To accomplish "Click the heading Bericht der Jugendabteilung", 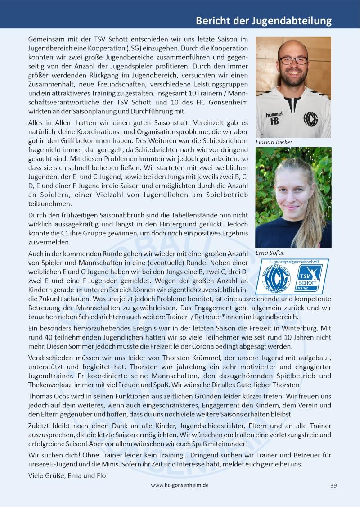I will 264,21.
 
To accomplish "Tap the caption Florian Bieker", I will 274,142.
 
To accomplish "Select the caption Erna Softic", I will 270,253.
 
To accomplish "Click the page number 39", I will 333,485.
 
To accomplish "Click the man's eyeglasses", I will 292,60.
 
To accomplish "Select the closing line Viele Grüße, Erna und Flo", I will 67,475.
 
